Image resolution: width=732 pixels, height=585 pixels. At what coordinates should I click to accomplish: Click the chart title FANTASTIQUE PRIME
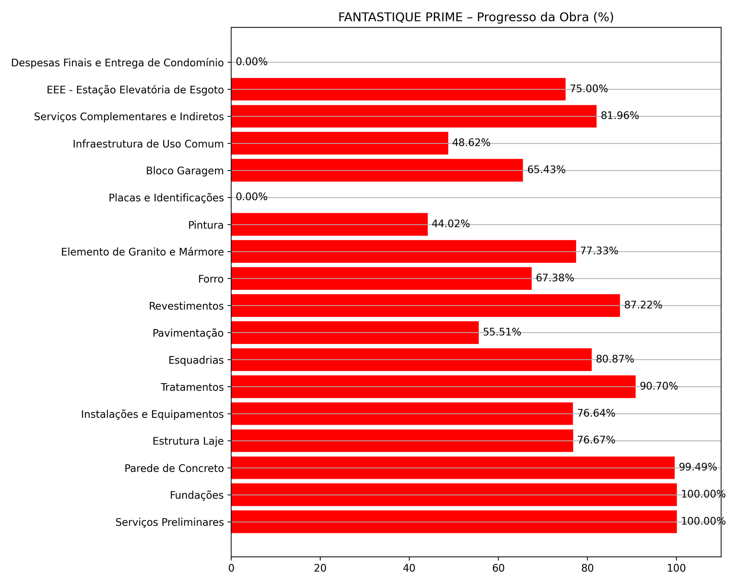[475, 18]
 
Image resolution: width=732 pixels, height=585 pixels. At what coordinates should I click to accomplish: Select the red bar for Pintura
[329, 224]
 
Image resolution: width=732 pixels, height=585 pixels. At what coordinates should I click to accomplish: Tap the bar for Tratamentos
[433, 387]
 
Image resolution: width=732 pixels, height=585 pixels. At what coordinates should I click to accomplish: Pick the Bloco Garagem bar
[377, 170]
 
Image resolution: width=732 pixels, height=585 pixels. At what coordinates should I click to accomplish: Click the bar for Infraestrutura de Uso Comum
[339, 143]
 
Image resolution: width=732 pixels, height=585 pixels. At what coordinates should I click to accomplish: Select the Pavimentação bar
[355, 332]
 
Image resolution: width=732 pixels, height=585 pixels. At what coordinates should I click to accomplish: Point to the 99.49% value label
[698, 467]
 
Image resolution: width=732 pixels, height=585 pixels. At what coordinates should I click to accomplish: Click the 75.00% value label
[589, 89]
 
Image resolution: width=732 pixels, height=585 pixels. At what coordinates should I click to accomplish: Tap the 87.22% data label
[643, 305]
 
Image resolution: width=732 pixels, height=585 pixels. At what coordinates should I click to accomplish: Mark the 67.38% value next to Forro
[555, 278]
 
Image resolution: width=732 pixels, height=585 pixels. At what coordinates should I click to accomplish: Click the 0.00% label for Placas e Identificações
[252, 197]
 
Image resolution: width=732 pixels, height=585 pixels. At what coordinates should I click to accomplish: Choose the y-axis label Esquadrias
[196, 360]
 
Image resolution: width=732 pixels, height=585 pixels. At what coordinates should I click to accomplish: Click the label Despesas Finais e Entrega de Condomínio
[117, 63]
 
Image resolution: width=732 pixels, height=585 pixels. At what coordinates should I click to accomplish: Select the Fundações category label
[197, 495]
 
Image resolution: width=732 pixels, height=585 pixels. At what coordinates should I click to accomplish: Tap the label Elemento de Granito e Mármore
[142, 252]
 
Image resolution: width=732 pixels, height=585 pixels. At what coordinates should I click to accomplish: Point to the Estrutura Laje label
[188, 441]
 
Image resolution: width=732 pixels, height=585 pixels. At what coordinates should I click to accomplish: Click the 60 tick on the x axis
[498, 567]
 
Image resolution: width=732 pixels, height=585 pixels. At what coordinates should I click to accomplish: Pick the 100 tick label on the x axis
[676, 567]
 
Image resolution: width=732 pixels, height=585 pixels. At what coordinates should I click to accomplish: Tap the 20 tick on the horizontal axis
[320, 567]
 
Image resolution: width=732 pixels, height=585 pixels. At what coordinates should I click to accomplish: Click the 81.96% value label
[620, 116]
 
